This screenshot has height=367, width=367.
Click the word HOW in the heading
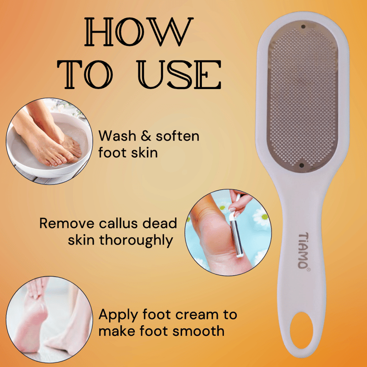(139, 32)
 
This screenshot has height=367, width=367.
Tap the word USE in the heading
(179, 74)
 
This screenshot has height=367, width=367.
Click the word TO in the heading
(85, 74)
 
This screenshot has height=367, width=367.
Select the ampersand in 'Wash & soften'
(146, 136)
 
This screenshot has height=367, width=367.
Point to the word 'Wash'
(117, 136)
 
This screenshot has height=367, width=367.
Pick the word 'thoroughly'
(136, 241)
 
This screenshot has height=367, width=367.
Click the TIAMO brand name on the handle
(304, 250)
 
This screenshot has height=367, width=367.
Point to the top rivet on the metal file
(303, 27)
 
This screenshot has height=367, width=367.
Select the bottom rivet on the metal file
(302, 166)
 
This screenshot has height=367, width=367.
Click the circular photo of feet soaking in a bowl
(50, 141)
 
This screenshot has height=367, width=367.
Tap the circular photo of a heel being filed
(228, 233)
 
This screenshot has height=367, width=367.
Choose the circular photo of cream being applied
(50, 319)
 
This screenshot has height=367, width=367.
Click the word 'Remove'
(67, 223)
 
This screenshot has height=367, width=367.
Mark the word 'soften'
(178, 136)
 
